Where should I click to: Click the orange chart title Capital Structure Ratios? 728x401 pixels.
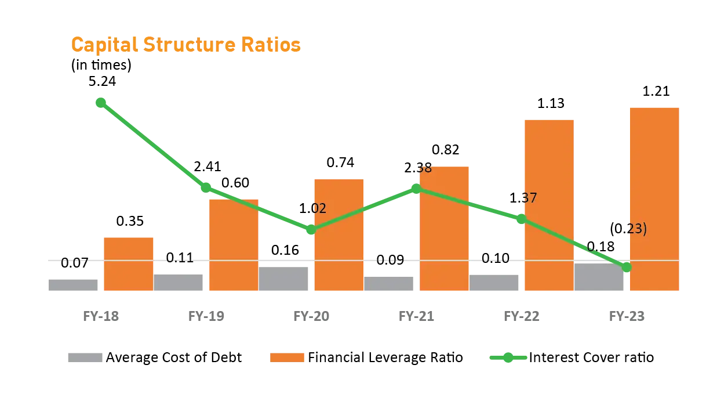[x=185, y=45]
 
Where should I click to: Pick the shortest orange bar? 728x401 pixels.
[x=129, y=264]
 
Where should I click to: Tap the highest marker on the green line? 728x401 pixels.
[x=100, y=103]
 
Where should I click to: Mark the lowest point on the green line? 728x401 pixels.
[x=626, y=268]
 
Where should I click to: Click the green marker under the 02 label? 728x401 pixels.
[x=311, y=230]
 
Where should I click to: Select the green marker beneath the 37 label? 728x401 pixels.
[x=520, y=219]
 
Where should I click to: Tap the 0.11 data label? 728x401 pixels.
[x=180, y=258]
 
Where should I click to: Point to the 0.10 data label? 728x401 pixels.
[x=496, y=259]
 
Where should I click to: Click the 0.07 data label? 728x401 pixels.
[x=74, y=262]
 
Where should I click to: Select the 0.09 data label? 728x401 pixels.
[x=390, y=259]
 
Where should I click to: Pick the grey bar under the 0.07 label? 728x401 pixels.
[x=74, y=285]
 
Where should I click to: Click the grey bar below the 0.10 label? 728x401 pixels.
[x=494, y=283]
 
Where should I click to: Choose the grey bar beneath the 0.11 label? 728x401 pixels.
[x=179, y=283]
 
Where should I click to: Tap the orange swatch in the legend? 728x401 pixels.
[x=287, y=357]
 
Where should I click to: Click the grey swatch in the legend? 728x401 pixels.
[x=84, y=357]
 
